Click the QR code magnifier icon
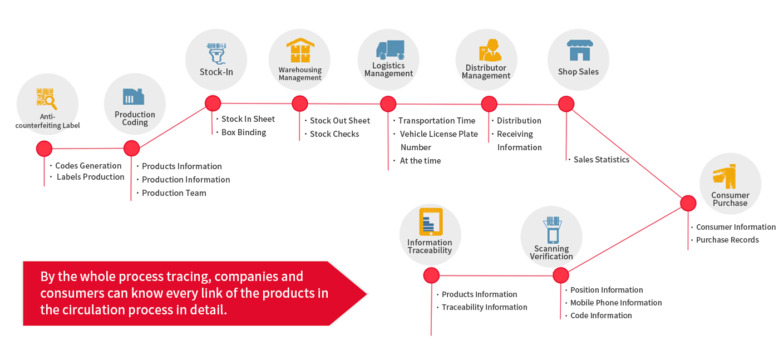(x=47, y=99)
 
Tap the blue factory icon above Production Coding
(x=133, y=96)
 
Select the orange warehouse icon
(x=300, y=50)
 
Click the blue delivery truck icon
(x=390, y=50)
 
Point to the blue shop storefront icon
(x=580, y=50)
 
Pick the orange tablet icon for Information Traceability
(x=431, y=222)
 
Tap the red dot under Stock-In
(x=213, y=103)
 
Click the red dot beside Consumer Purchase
(x=688, y=204)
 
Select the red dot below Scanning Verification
(x=561, y=275)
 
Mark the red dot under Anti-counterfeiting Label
(x=44, y=149)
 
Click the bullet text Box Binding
(x=244, y=132)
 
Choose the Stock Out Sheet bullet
(x=340, y=121)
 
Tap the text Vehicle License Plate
(x=439, y=134)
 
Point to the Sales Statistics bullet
(x=601, y=160)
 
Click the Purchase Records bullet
(x=728, y=240)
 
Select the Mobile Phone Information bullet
(x=616, y=303)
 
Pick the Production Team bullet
(x=174, y=193)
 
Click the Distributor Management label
(x=486, y=72)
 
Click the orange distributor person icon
(x=490, y=51)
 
